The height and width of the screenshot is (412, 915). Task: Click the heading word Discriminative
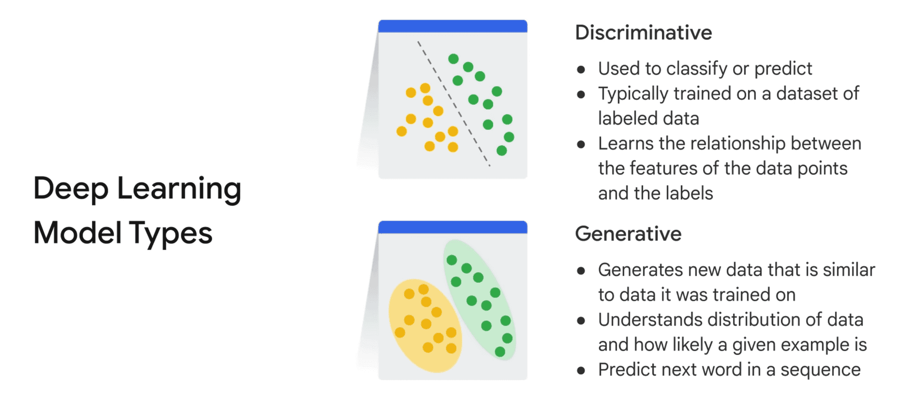643,33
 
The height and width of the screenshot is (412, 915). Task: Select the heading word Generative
628,234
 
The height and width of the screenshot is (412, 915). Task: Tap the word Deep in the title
71,188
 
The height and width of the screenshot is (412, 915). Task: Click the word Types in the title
170,233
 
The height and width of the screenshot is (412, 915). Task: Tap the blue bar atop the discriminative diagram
452,26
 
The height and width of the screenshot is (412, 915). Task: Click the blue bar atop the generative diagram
452,227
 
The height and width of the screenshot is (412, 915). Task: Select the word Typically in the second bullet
632,94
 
